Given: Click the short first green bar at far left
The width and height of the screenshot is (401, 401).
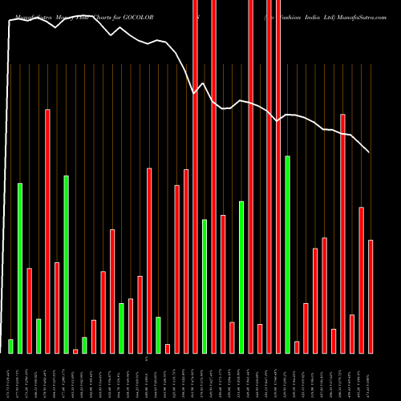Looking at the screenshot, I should (x=10, y=346).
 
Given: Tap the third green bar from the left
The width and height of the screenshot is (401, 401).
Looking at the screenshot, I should (x=38, y=336).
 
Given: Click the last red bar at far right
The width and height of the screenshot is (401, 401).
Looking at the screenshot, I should (x=371, y=296).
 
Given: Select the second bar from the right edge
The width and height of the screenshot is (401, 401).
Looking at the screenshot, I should (x=362, y=280).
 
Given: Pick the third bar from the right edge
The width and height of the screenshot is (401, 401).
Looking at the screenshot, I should (x=352, y=334).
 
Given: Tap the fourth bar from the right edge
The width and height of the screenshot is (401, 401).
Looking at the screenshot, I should (x=343, y=233).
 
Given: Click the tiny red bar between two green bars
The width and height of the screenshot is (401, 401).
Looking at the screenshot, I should (x=75, y=350).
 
